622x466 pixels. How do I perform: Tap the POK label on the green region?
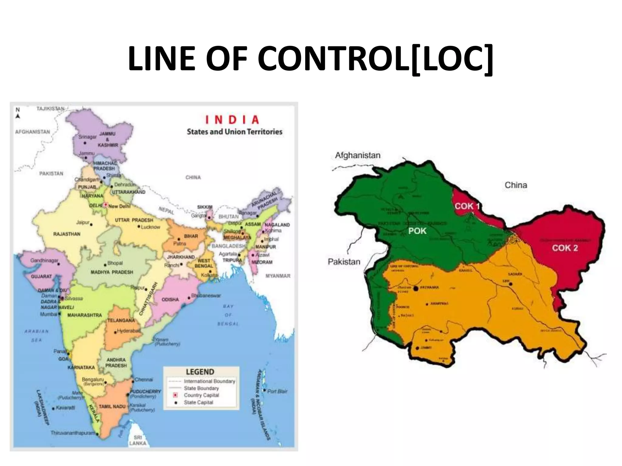[417, 231]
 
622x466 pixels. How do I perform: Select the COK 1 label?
[467, 206]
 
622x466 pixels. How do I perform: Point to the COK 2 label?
[565, 248]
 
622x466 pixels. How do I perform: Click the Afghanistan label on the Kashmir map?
[357, 155]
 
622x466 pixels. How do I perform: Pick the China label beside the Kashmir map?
[516, 185]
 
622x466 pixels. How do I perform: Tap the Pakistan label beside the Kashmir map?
[344, 262]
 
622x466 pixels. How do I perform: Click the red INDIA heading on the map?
[232, 120]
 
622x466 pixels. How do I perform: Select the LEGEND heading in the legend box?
[200, 372]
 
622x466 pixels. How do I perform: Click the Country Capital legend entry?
[201, 395]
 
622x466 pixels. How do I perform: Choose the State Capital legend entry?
[198, 402]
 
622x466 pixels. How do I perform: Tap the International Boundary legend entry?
[209, 381]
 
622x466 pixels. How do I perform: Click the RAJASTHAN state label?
[67, 234]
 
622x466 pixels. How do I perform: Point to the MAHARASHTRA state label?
[84, 315]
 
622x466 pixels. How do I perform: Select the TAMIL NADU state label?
[112, 406]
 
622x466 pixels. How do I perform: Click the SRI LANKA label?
[138, 440]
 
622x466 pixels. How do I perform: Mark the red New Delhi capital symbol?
[105, 205]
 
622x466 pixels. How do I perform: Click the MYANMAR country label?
[278, 276]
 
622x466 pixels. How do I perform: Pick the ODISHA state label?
[170, 299]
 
